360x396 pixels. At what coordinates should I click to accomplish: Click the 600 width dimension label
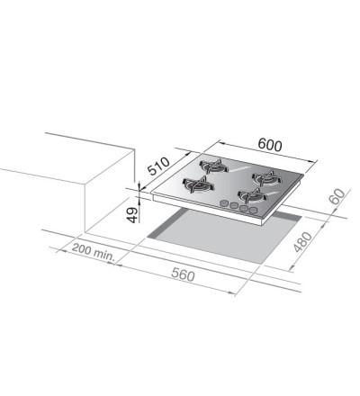[x=270, y=145]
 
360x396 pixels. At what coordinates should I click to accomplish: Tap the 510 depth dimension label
[x=159, y=166]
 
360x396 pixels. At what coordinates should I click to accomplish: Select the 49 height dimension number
[x=133, y=215]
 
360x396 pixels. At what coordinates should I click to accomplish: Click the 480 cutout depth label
[x=302, y=242]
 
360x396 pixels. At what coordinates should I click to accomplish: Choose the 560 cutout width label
[x=183, y=274]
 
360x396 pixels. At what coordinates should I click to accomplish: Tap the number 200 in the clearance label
[x=82, y=248]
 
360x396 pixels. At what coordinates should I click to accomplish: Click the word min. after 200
[x=103, y=255]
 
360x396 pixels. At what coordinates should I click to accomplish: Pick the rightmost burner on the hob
[x=266, y=178]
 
